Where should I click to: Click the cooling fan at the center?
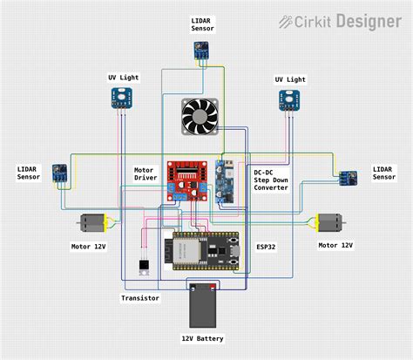click(200, 117)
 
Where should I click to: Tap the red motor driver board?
click(186, 180)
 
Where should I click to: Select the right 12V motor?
click(330, 224)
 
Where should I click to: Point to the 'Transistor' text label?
click(139, 298)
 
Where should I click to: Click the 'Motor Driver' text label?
click(145, 173)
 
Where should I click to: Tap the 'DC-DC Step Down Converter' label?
click(271, 180)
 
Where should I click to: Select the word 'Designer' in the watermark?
click(371, 21)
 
